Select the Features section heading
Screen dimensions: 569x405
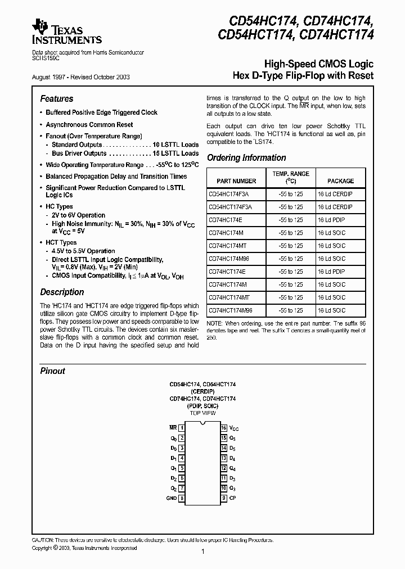pos(56,98)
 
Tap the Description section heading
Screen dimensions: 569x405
pos(62,292)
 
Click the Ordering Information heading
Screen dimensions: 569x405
pos(246,158)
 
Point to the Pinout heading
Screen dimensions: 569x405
pos(52,371)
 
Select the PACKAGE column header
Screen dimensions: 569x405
pos(341,181)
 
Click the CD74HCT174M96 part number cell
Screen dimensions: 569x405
pos(230,310)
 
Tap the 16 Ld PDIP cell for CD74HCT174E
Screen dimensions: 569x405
pos(331,272)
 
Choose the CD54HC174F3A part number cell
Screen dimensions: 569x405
pos(228,194)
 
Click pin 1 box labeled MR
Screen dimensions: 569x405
pos(182,428)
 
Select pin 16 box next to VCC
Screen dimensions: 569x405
pos(223,428)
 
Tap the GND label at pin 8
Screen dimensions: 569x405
pos(171,498)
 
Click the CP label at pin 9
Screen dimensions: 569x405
pos(232,498)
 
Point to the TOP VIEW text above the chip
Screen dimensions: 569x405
pos(202,413)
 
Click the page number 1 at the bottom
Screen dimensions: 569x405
pos(202,552)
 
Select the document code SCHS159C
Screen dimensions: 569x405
pos(44,58)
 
